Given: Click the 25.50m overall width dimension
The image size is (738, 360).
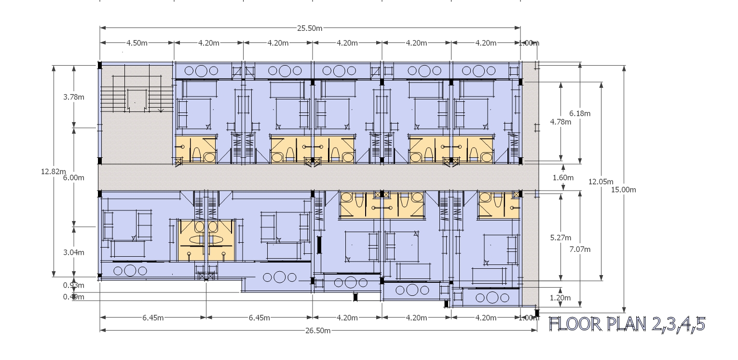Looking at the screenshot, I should point(310,28).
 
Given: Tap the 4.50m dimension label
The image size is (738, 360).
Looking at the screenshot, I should point(137,43).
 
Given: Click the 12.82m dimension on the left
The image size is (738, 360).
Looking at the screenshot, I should point(53,171).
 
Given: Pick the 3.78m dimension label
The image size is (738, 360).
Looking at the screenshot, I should point(74,97).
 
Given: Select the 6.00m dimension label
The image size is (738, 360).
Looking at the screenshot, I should point(74,178).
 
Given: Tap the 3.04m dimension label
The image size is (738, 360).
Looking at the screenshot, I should point(74,252).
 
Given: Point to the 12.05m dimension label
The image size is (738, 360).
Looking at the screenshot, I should point(601,182).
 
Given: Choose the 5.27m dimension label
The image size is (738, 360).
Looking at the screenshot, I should point(560,238).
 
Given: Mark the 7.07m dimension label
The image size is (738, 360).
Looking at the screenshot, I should point(580,249).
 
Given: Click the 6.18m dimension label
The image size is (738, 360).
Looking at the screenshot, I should point(580,114).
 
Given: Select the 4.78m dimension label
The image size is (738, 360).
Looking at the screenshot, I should point(560,122).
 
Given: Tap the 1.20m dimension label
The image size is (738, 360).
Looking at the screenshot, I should point(560,298).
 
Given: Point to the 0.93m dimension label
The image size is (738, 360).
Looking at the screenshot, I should point(73,285).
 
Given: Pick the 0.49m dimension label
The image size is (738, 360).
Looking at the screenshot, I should point(73,297).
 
